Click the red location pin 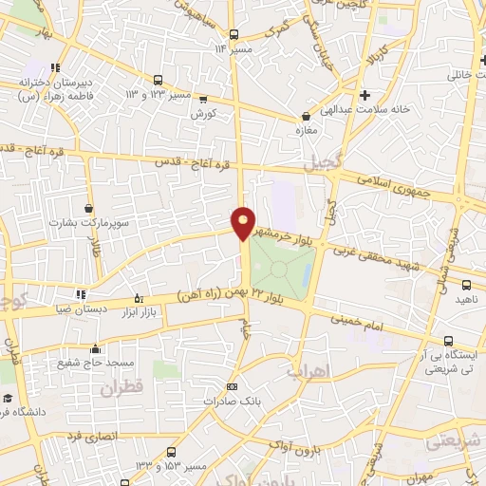click(244, 222)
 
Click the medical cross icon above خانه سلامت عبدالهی click(364, 94)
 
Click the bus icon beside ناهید click(467, 284)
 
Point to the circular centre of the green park click(279, 269)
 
